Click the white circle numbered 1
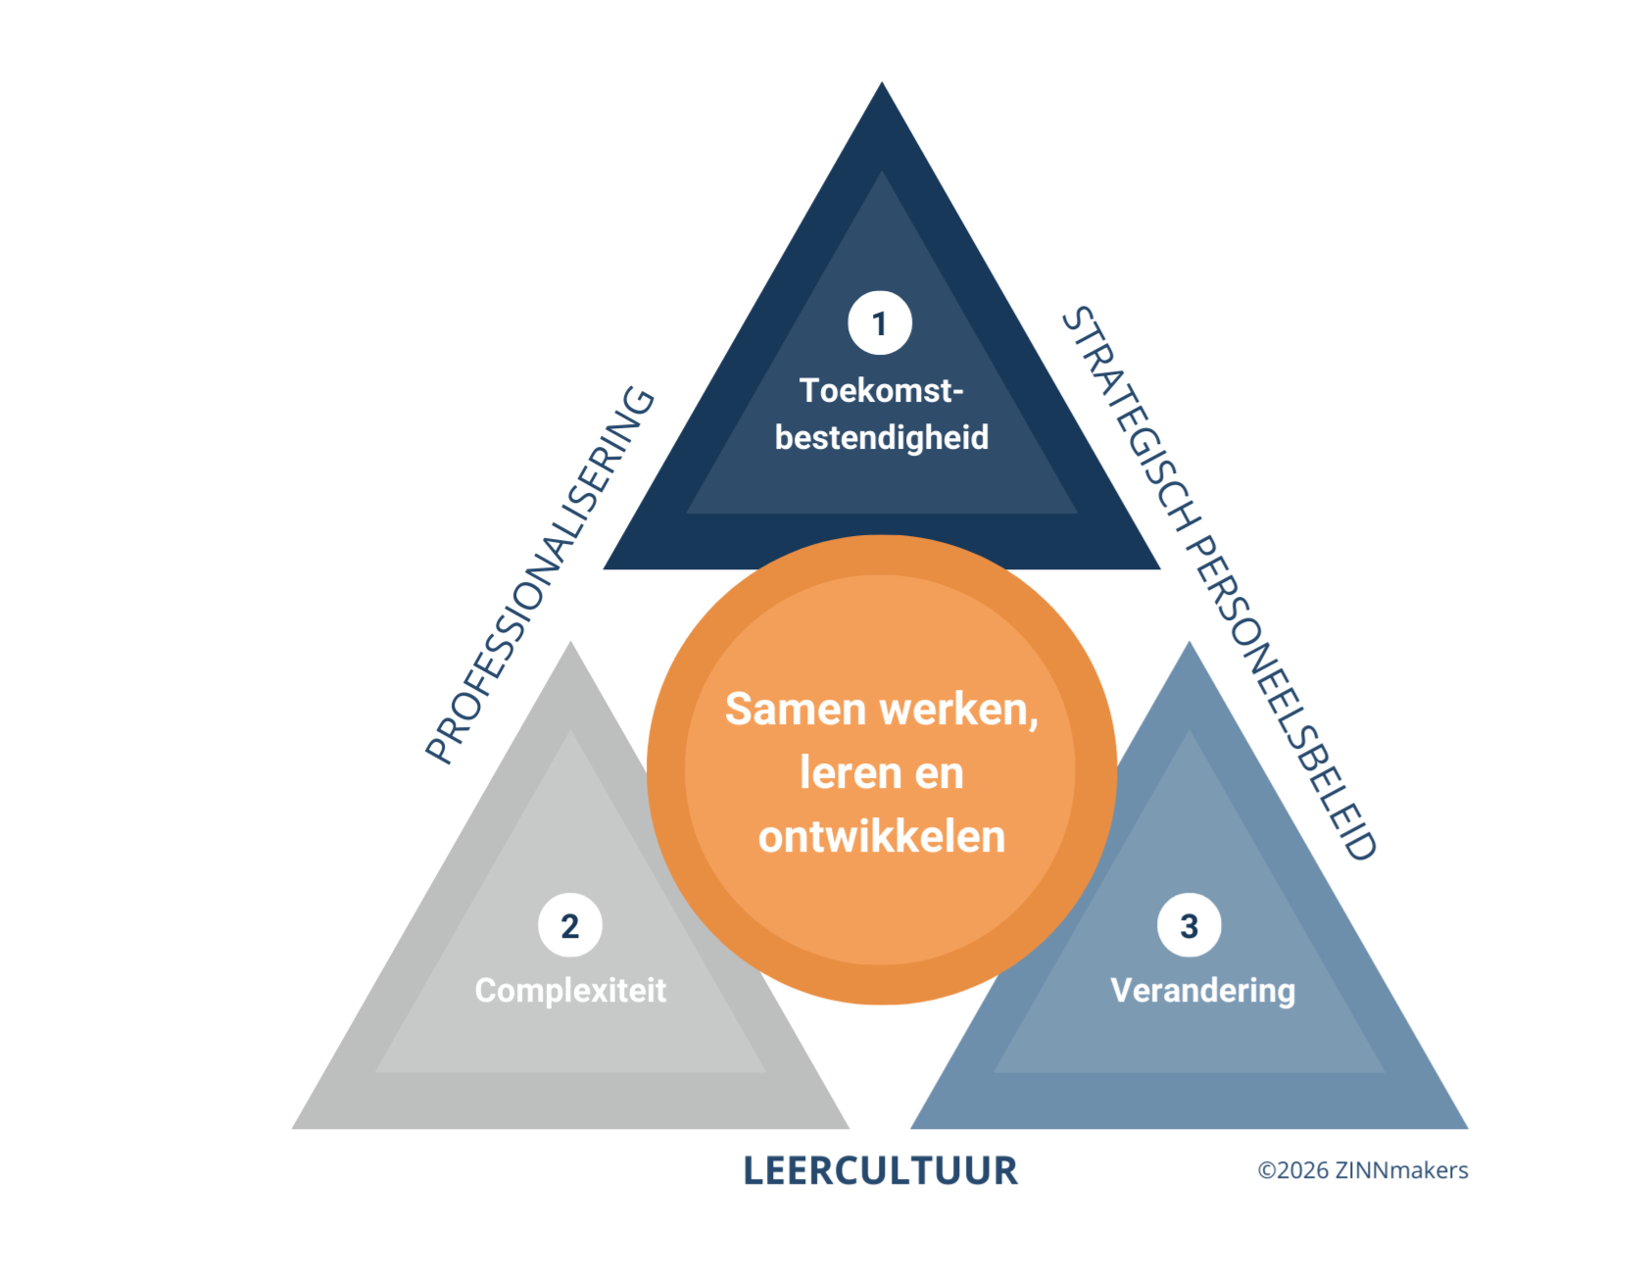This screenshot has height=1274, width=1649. [880, 322]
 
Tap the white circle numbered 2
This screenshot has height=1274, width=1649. [570, 925]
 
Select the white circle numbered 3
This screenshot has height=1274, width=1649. [1188, 925]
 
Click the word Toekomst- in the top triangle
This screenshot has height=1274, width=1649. [881, 390]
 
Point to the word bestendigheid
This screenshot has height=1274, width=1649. [881, 437]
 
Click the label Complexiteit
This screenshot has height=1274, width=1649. [570, 990]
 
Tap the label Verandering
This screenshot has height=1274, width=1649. [1202, 990]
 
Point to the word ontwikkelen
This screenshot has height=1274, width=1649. [881, 836]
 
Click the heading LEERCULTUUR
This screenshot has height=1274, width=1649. [880, 1170]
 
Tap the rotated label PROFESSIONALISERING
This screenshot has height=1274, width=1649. [540, 576]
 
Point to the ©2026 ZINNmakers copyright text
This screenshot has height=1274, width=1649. [1362, 1170]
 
